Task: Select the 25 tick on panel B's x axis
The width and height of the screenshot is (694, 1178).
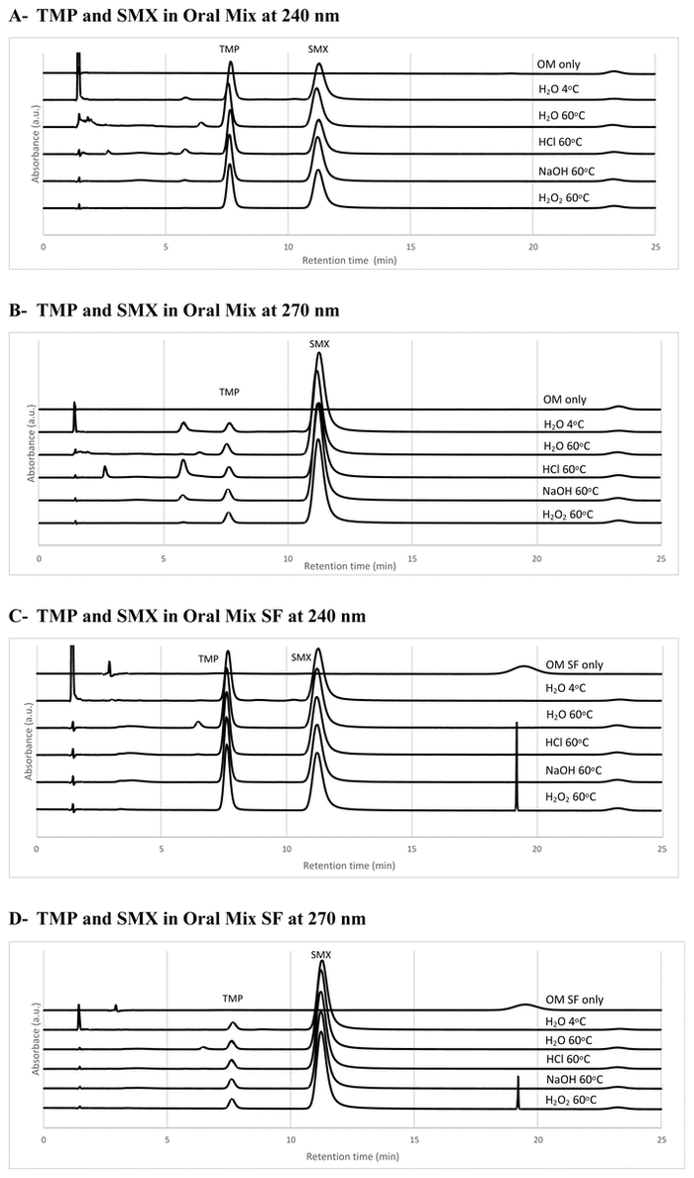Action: (x=660, y=558)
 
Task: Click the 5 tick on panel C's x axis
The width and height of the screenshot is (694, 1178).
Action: (x=161, y=849)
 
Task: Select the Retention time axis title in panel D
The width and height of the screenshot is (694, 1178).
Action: (x=351, y=1157)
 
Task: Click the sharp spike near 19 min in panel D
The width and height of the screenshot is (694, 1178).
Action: (x=518, y=1091)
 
